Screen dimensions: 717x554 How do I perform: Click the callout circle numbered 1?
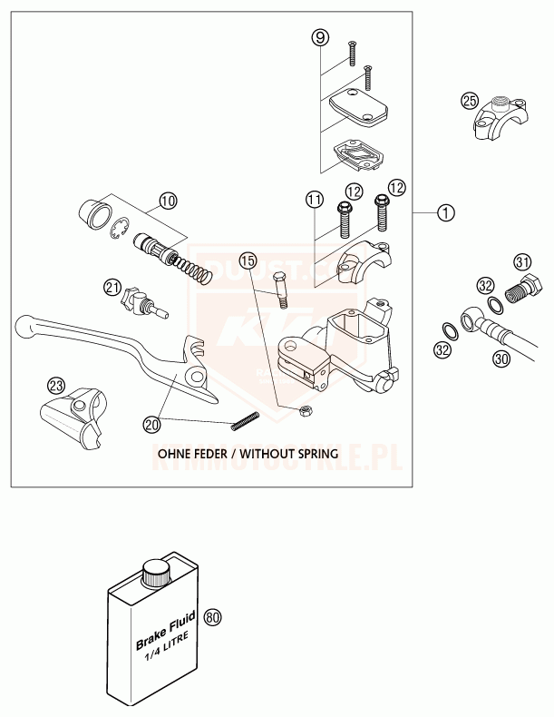pyautogui.click(x=445, y=213)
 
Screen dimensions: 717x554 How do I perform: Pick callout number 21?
pyautogui.click(x=112, y=287)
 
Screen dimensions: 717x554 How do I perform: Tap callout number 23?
pyautogui.click(x=56, y=386)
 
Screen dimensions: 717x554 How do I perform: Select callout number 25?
pyautogui.click(x=470, y=100)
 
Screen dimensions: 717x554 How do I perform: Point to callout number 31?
pyautogui.click(x=522, y=262)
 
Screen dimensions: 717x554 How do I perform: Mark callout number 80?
pyautogui.click(x=213, y=618)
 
